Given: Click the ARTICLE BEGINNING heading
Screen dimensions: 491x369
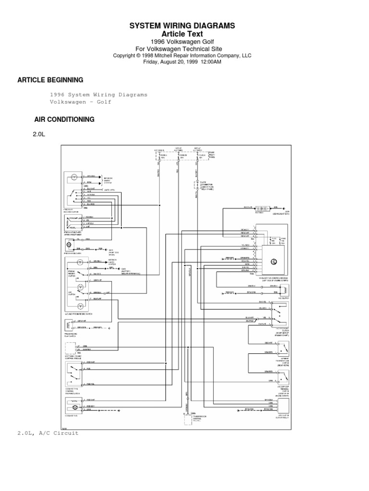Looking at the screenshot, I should click(50, 80).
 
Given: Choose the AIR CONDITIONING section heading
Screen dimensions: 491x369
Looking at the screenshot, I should click(64, 119).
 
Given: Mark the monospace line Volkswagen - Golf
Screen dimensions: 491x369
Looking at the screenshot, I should click(81, 102).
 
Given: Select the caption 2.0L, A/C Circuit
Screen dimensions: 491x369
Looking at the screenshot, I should click(48, 433).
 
